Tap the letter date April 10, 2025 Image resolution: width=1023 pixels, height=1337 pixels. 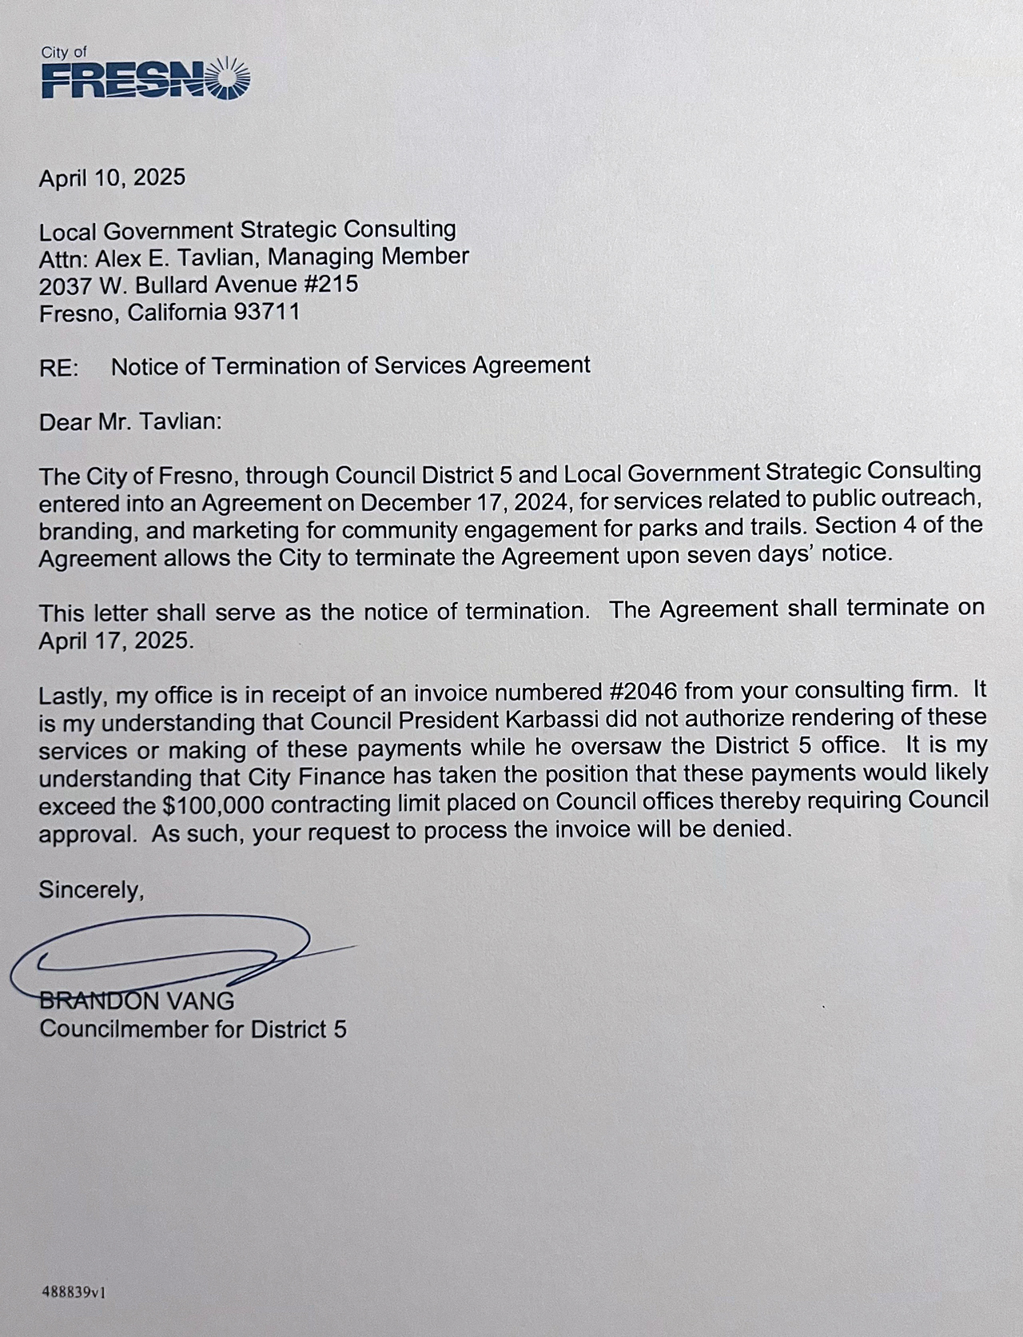pos(112,178)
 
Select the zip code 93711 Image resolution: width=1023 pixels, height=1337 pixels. pos(266,313)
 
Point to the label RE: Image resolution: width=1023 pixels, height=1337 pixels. pos(59,368)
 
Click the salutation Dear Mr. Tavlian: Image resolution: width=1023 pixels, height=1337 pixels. pos(129,421)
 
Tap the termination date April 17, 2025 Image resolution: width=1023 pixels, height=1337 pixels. pos(116,641)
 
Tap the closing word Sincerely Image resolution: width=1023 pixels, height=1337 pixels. pos(91,889)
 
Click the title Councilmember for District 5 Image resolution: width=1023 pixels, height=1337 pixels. pos(193,1028)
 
